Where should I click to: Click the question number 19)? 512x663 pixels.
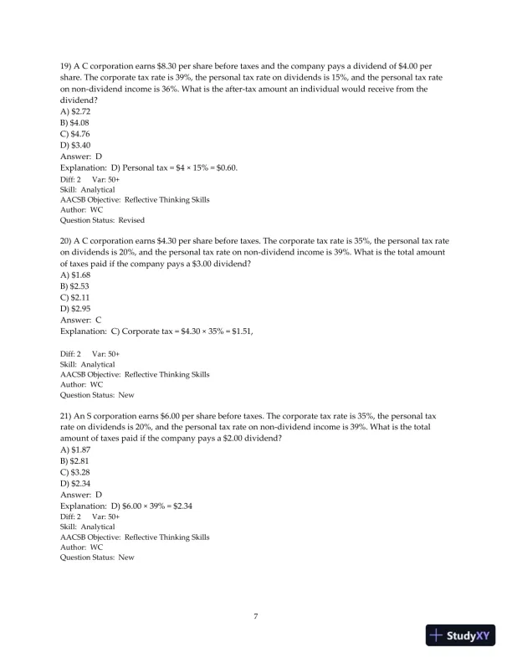(x=68, y=66)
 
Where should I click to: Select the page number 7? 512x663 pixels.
(x=256, y=617)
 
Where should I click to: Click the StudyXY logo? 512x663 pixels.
(x=459, y=635)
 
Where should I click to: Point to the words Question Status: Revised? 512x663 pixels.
(x=102, y=221)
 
